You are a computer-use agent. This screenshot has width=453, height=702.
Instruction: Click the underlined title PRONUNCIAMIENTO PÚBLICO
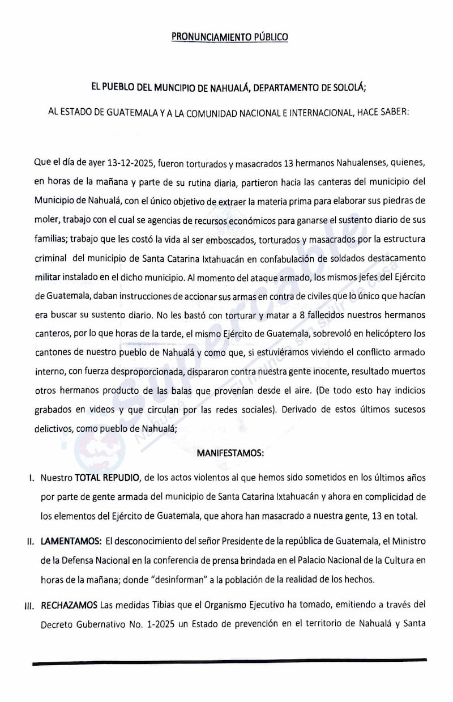point(230,37)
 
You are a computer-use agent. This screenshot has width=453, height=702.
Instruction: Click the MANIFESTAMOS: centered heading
point(226,454)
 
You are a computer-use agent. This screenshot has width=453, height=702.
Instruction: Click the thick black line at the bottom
point(230,661)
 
